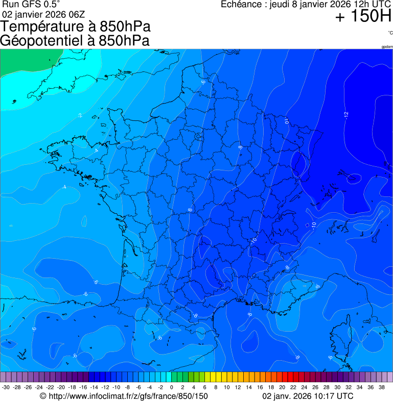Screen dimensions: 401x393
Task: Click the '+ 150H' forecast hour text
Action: [x=363, y=17]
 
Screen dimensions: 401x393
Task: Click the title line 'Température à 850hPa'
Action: [x=76, y=27]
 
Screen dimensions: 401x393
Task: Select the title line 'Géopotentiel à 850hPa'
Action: [x=75, y=41]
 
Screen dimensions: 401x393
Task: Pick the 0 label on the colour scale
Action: [x=171, y=387]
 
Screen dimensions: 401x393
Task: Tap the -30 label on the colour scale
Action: [x=6, y=387]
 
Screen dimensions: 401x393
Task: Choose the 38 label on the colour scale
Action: [x=382, y=387]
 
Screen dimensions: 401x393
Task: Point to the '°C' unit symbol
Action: [x=390, y=33]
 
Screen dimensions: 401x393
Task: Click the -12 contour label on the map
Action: [x=346, y=114]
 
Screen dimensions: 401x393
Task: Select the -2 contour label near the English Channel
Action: [x=80, y=116]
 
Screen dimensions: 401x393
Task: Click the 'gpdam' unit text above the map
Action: [x=387, y=47]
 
